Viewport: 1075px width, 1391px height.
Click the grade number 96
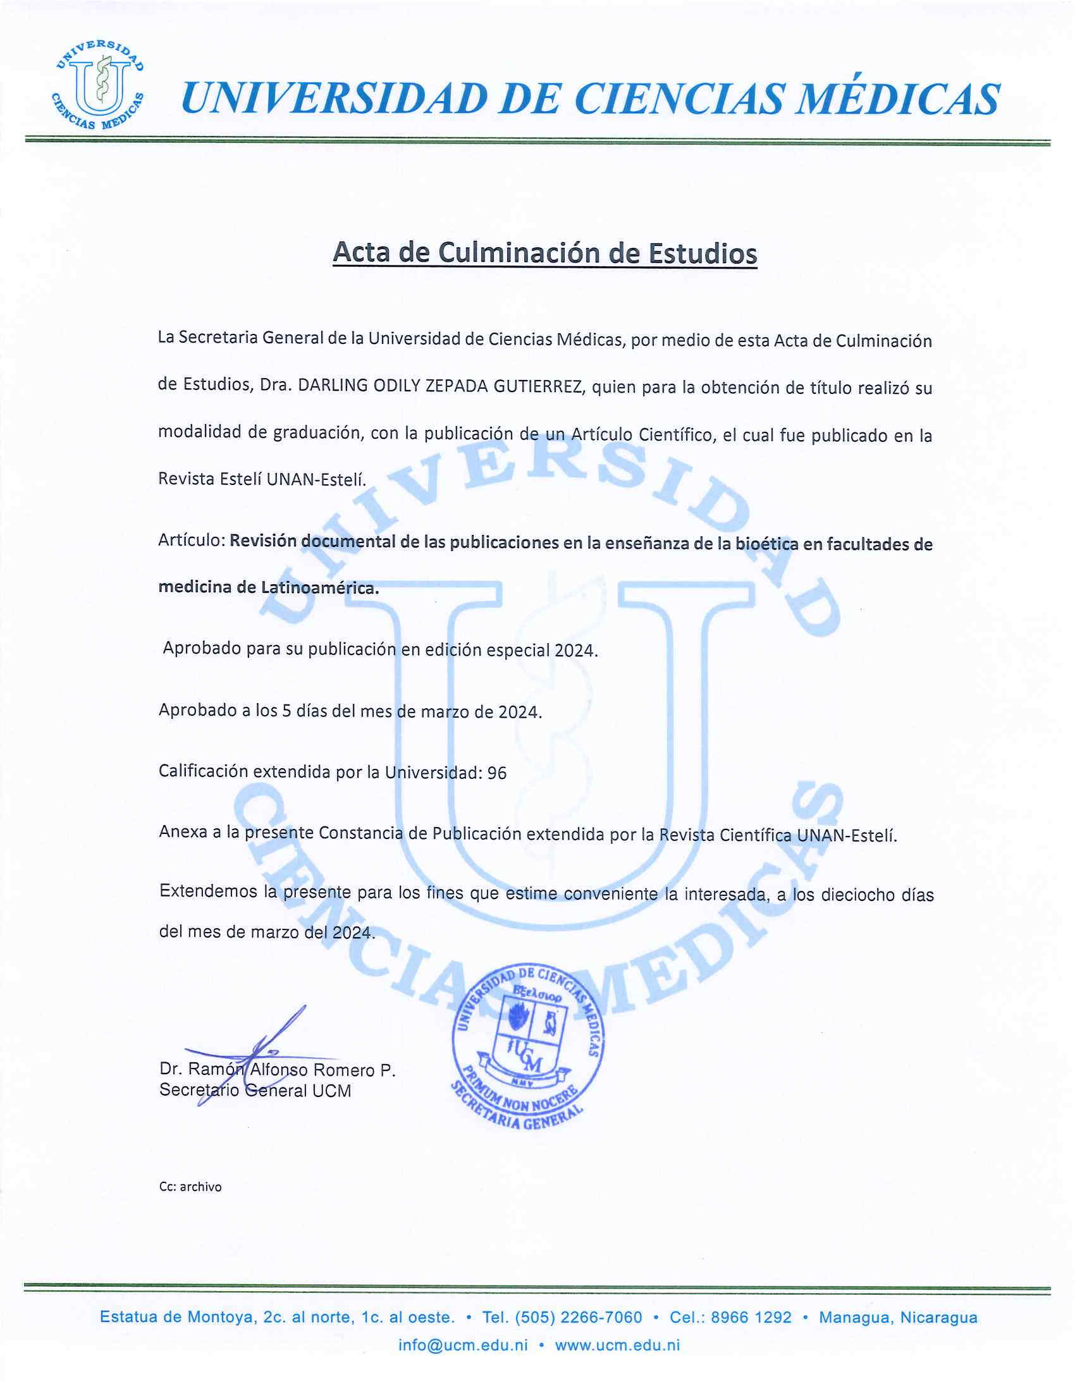tap(497, 773)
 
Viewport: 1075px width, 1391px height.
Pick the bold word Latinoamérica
tap(320, 587)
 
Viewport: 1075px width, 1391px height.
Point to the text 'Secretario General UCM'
tap(255, 1091)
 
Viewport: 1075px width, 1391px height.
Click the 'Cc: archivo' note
tap(190, 1187)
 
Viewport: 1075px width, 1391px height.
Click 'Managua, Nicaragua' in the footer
tap(898, 1318)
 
